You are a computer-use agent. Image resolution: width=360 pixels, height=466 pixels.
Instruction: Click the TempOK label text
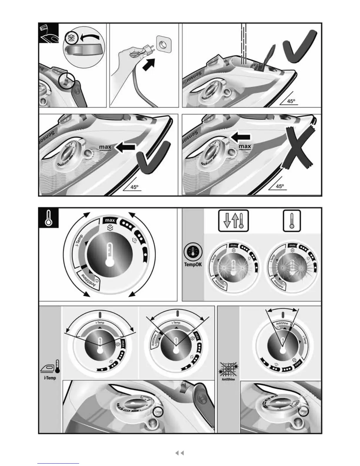point(193,264)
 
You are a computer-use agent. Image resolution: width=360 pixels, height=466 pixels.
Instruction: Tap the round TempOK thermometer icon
point(193,252)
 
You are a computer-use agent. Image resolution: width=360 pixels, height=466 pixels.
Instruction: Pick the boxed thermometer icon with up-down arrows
point(234,220)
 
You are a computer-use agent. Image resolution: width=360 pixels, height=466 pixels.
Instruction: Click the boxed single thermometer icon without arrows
point(292,220)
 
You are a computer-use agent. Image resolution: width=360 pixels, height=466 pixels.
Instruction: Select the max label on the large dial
point(110,220)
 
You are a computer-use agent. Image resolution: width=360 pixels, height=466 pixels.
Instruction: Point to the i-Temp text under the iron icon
point(50,378)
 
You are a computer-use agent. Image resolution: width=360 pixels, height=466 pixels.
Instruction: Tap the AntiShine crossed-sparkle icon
point(229,370)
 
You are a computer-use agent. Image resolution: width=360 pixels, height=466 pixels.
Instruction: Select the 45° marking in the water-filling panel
point(291,101)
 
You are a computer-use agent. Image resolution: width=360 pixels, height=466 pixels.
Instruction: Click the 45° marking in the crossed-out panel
point(280,186)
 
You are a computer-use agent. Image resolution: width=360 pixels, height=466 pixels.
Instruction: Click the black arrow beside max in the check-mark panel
point(125,148)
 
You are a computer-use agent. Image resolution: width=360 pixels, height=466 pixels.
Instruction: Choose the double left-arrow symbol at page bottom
point(179,453)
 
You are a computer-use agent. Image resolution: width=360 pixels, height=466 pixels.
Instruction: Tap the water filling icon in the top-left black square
point(49,33)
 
